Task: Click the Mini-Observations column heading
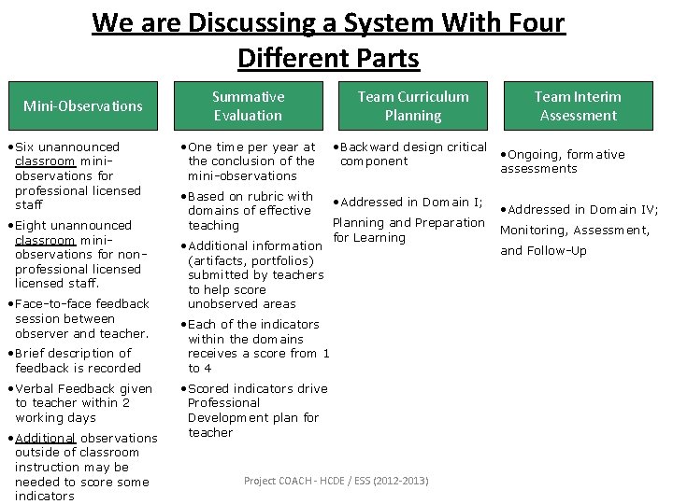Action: pyautogui.click(x=82, y=105)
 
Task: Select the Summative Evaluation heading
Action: pyautogui.click(x=248, y=105)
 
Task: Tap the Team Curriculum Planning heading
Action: pyautogui.click(x=413, y=105)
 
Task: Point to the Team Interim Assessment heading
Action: pyautogui.click(x=578, y=105)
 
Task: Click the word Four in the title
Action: pyautogui.click(x=532, y=21)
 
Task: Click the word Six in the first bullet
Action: pyautogui.click(x=28, y=147)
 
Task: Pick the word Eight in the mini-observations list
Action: pyautogui.click(x=34, y=225)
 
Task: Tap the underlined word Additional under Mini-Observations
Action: pyautogui.click(x=45, y=438)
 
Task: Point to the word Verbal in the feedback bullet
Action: pyautogui.click(x=36, y=388)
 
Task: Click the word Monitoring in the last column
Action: pyautogui.click(x=534, y=231)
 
